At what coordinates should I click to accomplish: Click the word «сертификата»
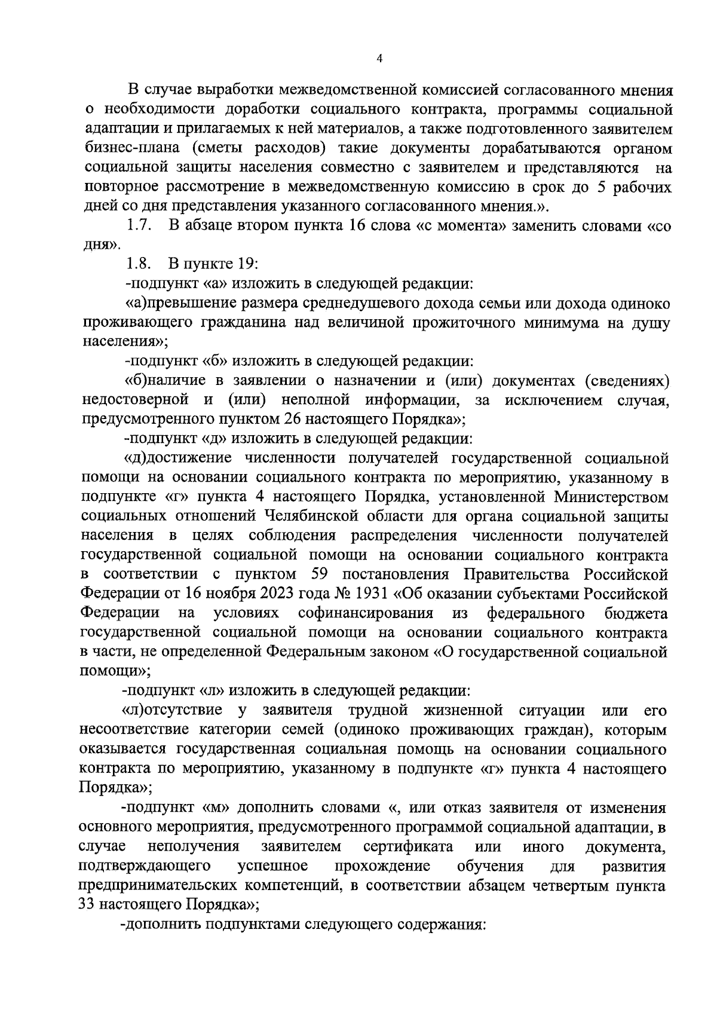[407, 847]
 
